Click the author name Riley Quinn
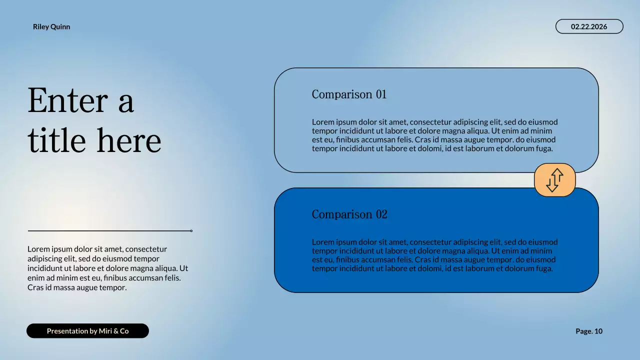[51, 27]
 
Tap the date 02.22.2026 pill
[589, 26]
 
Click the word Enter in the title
[67, 100]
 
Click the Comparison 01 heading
[349, 94]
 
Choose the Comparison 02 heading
[349, 214]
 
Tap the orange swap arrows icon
[554, 180]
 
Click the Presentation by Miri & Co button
[87, 331]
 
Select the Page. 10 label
[589, 331]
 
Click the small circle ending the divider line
[191, 231]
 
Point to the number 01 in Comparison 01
[381, 94]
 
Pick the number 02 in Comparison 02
[381, 214]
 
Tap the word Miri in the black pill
[106, 331]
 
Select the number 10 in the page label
[598, 331]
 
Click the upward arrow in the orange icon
[557, 176]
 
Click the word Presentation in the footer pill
[67, 331]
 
